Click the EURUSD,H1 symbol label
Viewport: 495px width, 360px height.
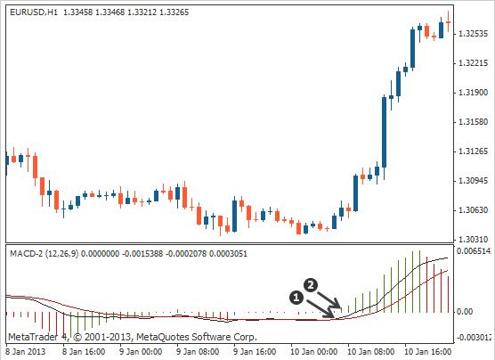pos(38,9)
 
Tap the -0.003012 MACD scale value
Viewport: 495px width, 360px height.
pos(475,338)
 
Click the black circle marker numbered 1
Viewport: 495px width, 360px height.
pos(296,295)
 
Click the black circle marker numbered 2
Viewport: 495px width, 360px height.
pos(311,285)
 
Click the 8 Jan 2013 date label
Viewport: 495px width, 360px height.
pos(25,351)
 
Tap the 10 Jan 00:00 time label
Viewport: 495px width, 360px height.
pos(312,351)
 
